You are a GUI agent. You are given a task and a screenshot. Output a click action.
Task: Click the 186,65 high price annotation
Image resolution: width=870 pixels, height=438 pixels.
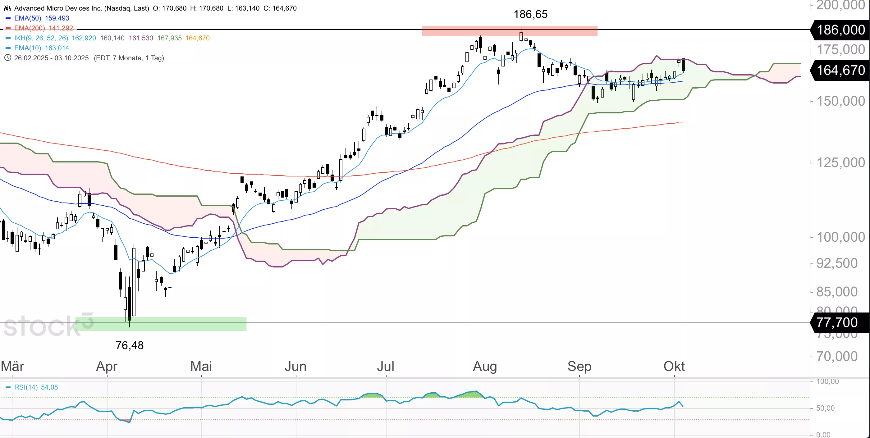pyautogui.click(x=530, y=14)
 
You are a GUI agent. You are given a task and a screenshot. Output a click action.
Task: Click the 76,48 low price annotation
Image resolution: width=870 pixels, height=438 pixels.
pyautogui.click(x=129, y=345)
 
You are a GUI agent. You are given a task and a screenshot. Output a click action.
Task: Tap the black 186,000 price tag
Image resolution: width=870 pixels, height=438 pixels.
pyautogui.click(x=840, y=30)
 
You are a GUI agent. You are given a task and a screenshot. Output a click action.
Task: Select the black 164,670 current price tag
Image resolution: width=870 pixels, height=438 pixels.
pyautogui.click(x=840, y=70)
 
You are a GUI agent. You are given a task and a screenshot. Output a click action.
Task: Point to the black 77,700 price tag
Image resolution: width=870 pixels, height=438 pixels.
pyautogui.click(x=837, y=322)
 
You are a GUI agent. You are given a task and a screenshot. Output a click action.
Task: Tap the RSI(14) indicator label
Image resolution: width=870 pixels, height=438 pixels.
pyautogui.click(x=26, y=387)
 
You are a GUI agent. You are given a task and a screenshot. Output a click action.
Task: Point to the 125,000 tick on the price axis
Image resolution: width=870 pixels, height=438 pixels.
pyautogui.click(x=840, y=163)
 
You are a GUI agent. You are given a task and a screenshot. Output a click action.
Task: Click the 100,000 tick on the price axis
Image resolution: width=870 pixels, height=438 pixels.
pyautogui.click(x=840, y=237)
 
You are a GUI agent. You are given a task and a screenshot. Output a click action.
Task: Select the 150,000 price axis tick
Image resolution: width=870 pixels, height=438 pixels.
pyautogui.click(x=840, y=101)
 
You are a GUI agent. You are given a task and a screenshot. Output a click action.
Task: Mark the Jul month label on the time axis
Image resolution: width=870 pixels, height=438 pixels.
pyautogui.click(x=385, y=366)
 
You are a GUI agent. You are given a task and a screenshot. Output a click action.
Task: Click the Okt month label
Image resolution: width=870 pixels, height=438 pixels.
pyautogui.click(x=674, y=366)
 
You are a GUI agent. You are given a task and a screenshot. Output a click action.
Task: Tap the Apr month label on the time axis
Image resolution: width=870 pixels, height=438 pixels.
pyautogui.click(x=107, y=366)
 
